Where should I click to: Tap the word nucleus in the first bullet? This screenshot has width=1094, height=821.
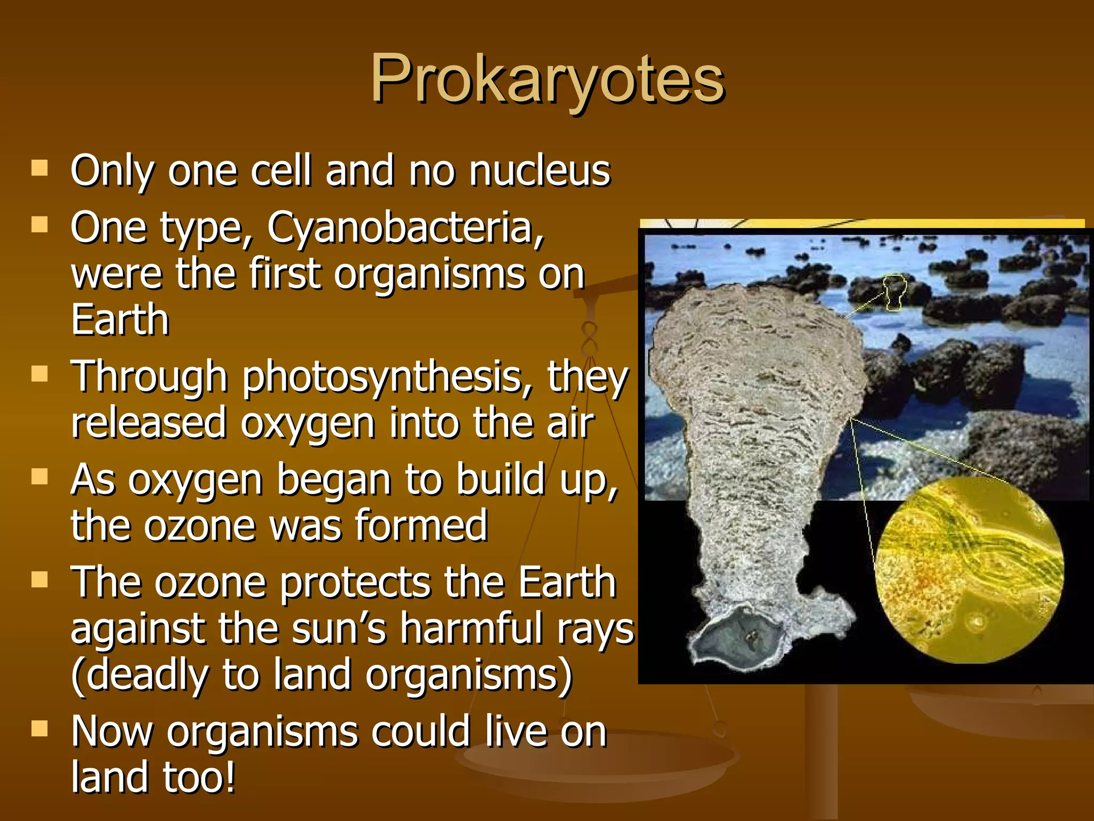pyautogui.click(x=540, y=171)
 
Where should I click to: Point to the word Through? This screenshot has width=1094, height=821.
pyautogui.click(x=150, y=377)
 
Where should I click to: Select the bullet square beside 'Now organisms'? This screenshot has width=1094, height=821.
pyautogui.click(x=40, y=729)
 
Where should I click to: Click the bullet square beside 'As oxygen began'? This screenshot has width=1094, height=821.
pyautogui.click(x=40, y=476)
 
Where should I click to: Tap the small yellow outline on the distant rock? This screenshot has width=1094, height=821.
pyautogui.click(x=894, y=292)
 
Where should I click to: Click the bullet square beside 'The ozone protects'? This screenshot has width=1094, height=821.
pyautogui.click(x=40, y=579)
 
